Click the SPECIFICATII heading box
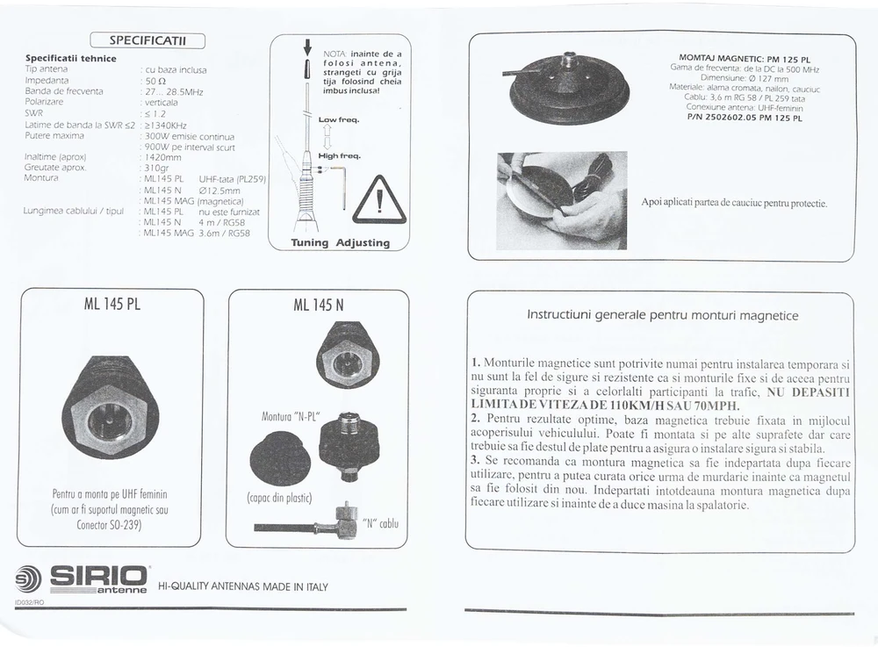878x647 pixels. pos(148,40)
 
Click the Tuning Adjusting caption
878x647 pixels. pos(340,242)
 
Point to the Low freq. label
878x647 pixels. pos(339,119)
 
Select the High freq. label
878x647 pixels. pos(339,155)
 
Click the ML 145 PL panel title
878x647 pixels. pos(112,304)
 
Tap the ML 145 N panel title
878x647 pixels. pos(318,305)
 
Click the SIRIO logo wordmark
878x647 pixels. pos(98,577)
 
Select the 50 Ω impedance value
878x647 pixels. pos(155,81)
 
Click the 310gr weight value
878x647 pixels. pos(156,168)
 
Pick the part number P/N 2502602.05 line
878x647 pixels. pos(745,118)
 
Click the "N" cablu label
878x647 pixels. pos(381,523)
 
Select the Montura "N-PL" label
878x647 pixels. pos(291,416)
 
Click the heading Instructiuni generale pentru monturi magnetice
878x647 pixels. pos(662,315)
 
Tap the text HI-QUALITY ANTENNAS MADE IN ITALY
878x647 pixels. pos(243,586)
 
